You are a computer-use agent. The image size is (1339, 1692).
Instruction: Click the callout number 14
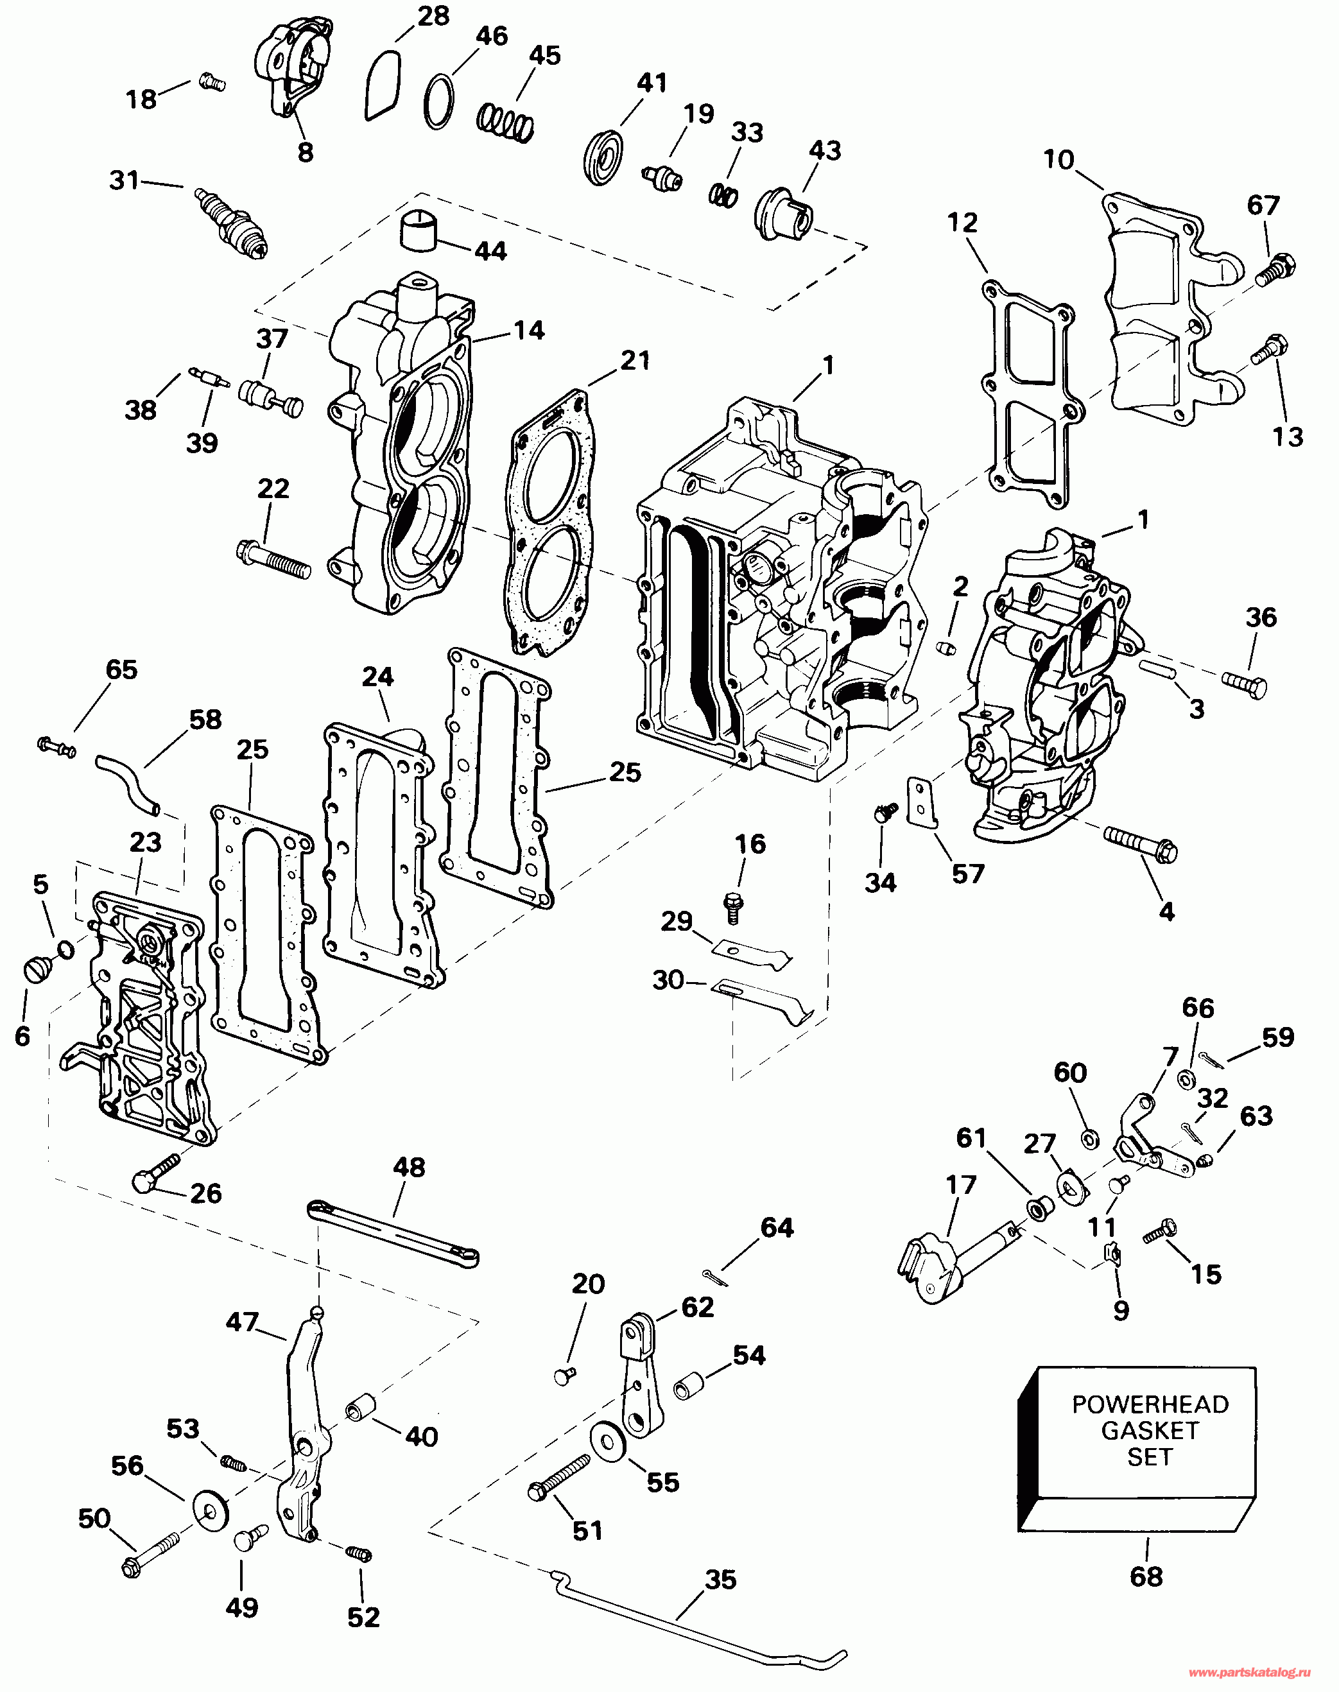529,330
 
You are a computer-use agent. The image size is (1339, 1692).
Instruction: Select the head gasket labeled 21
549,523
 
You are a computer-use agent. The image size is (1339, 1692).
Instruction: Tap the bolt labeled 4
1141,842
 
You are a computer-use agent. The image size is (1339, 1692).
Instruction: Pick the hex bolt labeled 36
1243,686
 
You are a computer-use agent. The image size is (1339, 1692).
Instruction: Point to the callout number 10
1058,160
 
